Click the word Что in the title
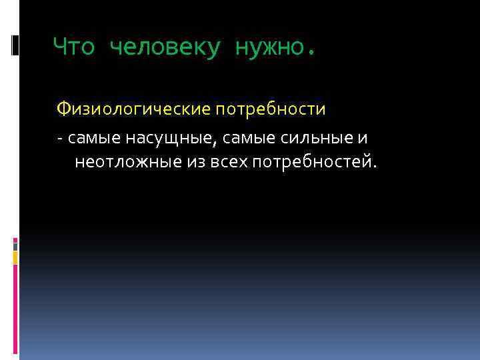click(x=73, y=47)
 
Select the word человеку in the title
click(x=163, y=48)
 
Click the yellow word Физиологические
click(x=131, y=108)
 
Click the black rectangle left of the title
click(x=15, y=45)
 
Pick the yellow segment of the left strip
click(x=15, y=257)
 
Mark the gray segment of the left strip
click(x=15, y=245)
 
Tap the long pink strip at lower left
click(x=15, y=307)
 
